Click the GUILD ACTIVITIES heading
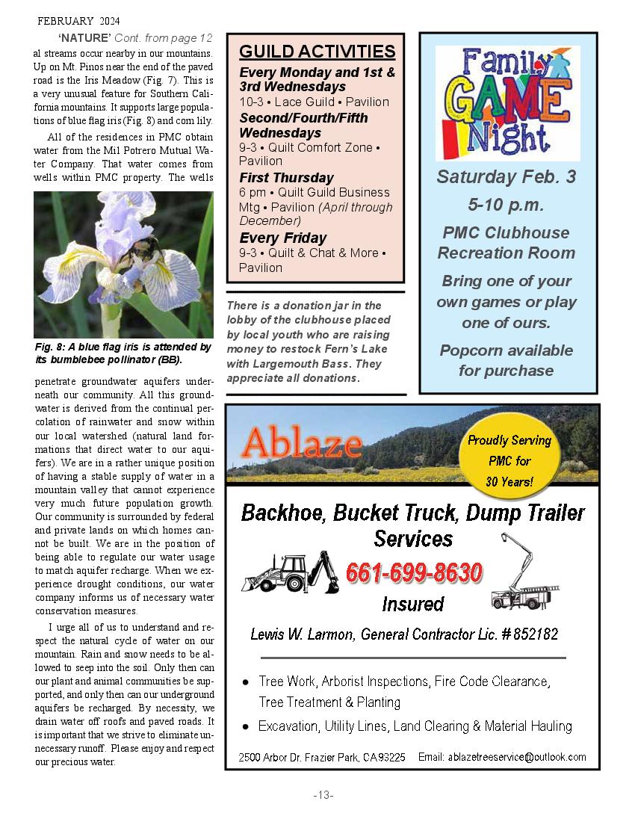pyautogui.click(x=317, y=52)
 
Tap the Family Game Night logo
pyautogui.click(x=507, y=102)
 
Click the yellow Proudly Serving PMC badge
pyautogui.click(x=509, y=461)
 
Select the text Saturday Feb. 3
pyautogui.click(x=507, y=177)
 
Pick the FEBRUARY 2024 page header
pyautogui.click(x=78, y=21)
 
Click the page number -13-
pyautogui.click(x=323, y=795)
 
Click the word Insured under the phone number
pyautogui.click(x=412, y=604)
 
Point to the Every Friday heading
pyautogui.click(x=282, y=238)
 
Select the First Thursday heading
pyautogui.click(x=286, y=178)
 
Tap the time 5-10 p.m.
pyautogui.click(x=507, y=205)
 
